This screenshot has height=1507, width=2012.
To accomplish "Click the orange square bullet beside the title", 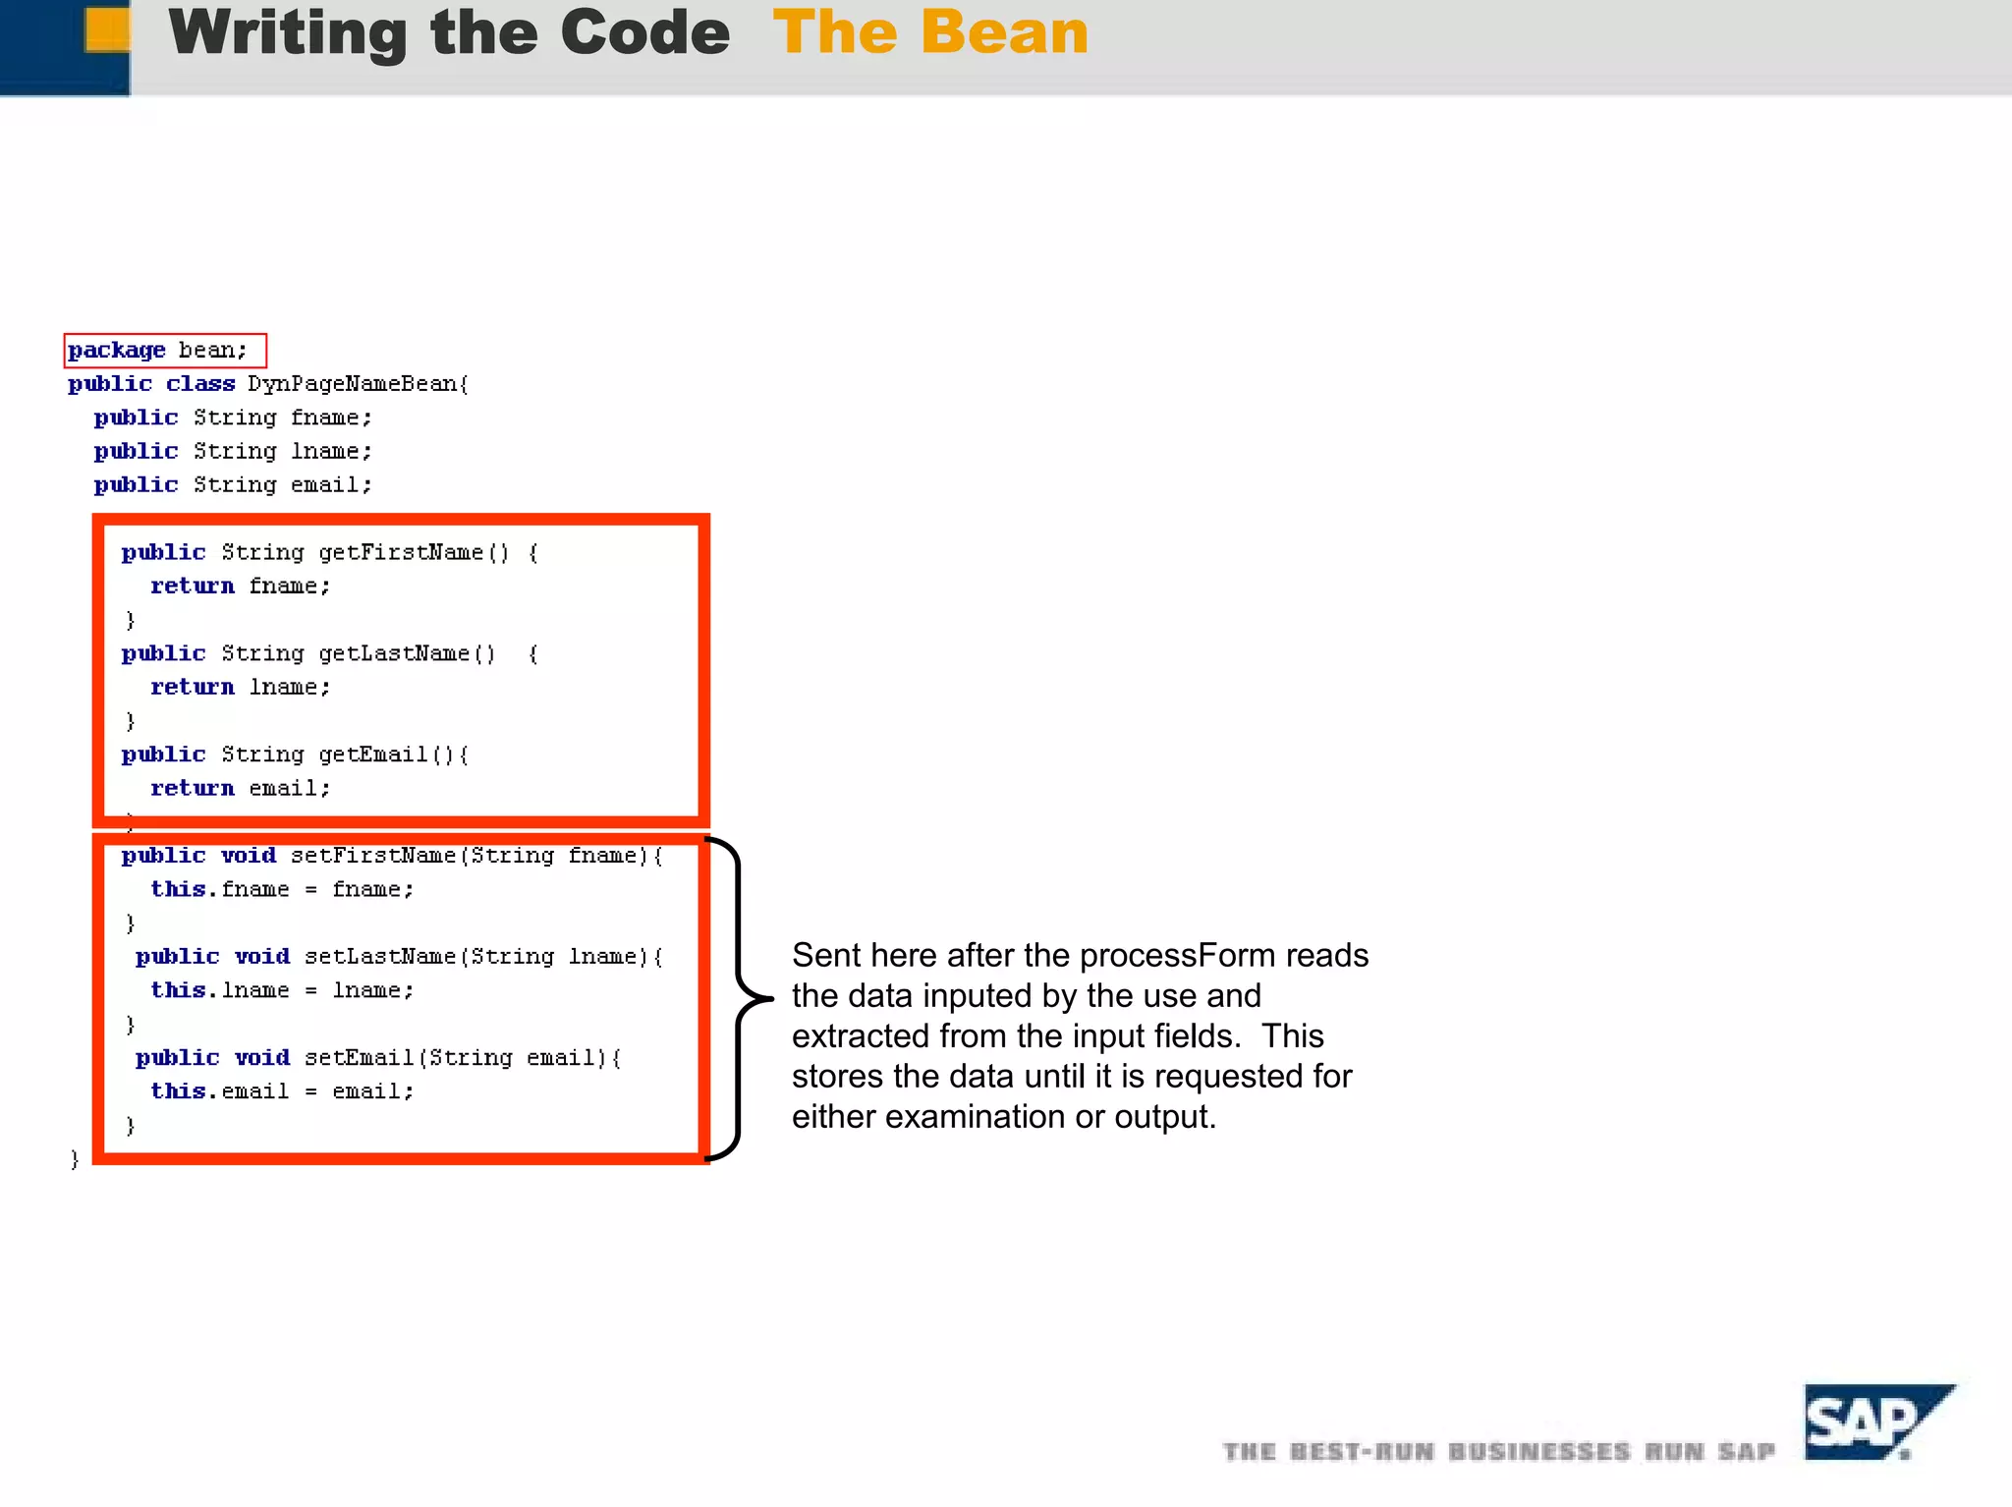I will point(107,29).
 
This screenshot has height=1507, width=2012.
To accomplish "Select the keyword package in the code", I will point(117,351).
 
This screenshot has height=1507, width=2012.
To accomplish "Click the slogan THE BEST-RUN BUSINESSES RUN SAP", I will point(1499,1452).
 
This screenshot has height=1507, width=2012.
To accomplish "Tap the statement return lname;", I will point(241,688).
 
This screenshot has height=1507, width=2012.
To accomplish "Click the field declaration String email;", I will point(282,485).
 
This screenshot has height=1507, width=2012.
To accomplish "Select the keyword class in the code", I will point(200,384).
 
